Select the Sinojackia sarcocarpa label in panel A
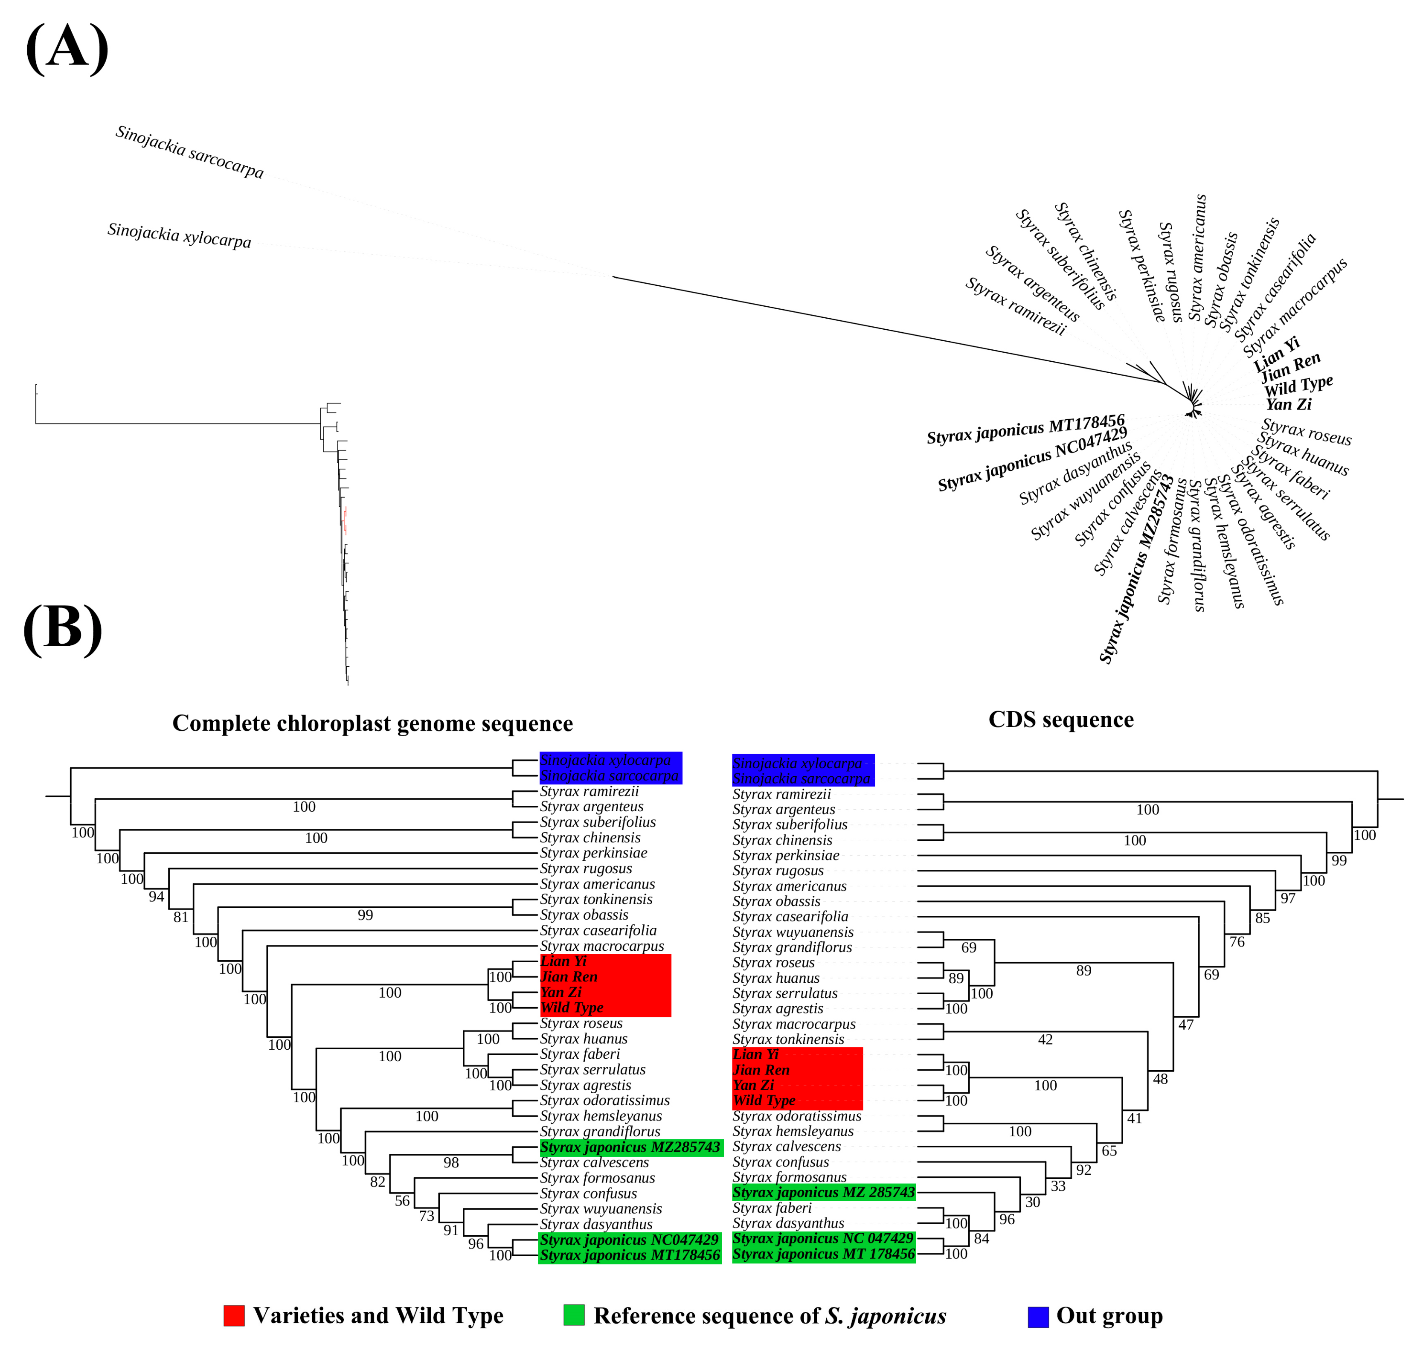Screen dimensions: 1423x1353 [x=190, y=152]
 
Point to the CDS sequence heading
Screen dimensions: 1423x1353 [x=1060, y=719]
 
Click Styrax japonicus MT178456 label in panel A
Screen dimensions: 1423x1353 [x=1025, y=430]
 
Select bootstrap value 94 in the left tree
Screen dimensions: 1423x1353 [x=156, y=897]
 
